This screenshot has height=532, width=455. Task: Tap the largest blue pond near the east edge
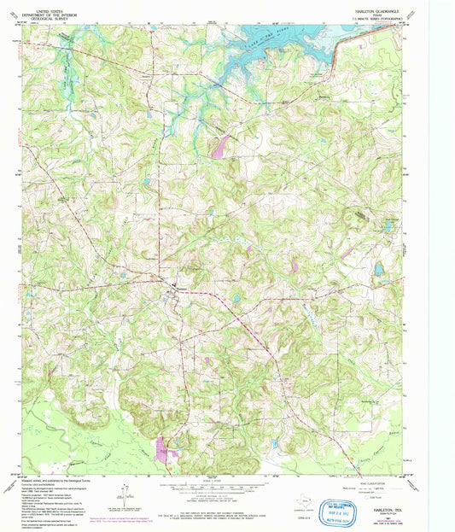(378, 271)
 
